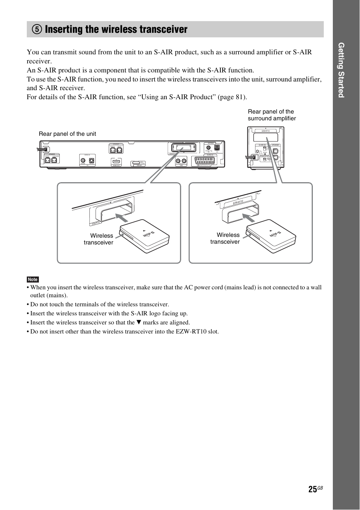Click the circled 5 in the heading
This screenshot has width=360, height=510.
(x=37, y=29)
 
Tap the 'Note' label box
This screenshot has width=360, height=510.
(x=33, y=280)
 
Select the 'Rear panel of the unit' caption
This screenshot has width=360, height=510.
(x=67, y=134)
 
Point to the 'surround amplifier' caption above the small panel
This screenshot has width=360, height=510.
(x=272, y=118)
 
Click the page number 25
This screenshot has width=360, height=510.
(x=312, y=489)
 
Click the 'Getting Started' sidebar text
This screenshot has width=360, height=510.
(x=341, y=70)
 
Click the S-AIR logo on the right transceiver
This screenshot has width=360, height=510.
(x=275, y=234)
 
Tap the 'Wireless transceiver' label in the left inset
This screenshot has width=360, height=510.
(x=99, y=239)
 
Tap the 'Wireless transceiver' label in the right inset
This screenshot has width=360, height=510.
(x=225, y=238)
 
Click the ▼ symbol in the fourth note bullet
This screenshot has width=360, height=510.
(x=138, y=323)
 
